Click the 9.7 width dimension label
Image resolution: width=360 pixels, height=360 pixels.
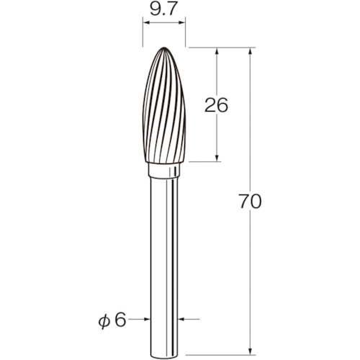(x=163, y=9)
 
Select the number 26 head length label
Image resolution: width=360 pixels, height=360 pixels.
(x=216, y=105)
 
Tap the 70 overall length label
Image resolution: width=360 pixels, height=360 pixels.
(x=250, y=201)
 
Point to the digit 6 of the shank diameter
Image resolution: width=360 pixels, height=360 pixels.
(x=120, y=320)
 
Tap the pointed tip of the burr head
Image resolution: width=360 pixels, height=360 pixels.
(x=164, y=48)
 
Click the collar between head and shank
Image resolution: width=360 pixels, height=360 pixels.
(x=164, y=171)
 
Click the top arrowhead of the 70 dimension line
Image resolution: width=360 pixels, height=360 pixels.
(x=251, y=52)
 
